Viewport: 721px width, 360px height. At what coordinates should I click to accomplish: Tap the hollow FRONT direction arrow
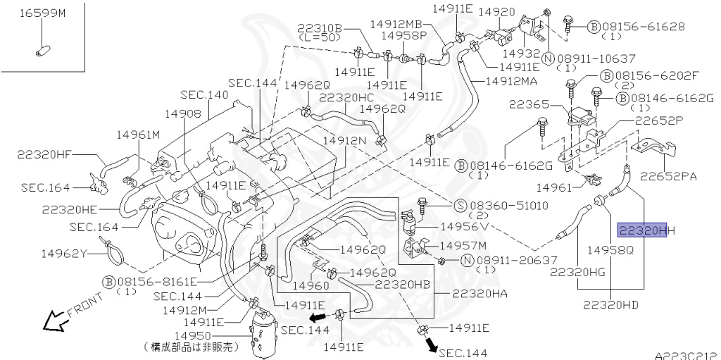[54, 321]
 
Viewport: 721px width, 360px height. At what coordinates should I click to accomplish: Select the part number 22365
[529, 104]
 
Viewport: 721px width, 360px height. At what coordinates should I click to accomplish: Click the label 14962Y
[64, 254]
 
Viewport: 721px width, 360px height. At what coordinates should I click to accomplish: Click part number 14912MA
[511, 81]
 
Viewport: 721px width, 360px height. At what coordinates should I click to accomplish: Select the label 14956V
[464, 227]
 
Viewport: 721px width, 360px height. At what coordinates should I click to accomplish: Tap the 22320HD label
[611, 305]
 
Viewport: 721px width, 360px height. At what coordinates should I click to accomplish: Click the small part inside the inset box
[42, 50]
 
